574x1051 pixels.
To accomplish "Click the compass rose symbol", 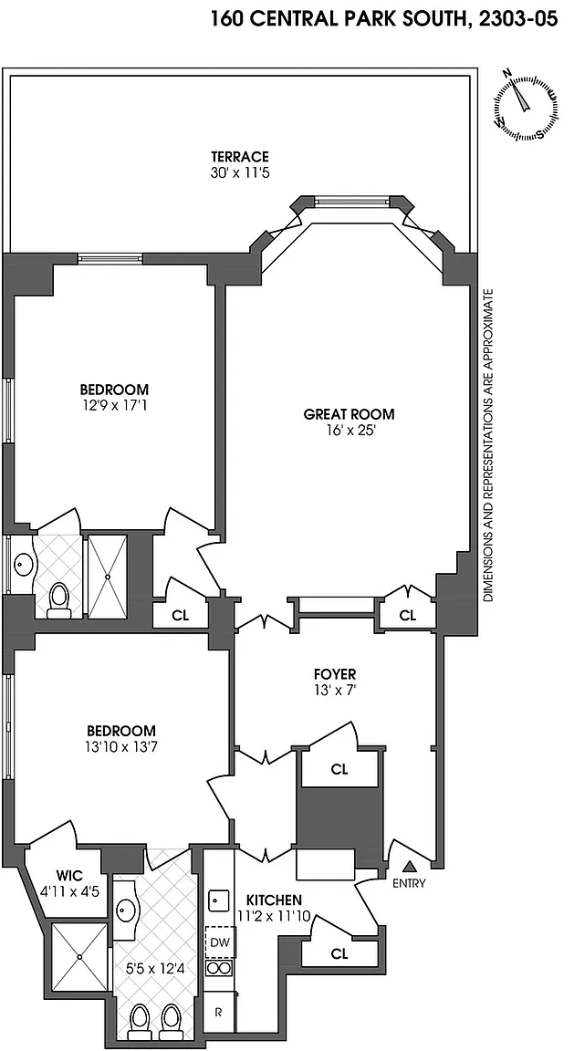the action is [527, 105].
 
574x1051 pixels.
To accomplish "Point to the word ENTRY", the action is [409, 883].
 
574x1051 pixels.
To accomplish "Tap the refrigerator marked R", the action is [219, 1012].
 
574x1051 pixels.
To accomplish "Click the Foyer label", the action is [335, 673].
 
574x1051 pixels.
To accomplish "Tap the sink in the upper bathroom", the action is [24, 564].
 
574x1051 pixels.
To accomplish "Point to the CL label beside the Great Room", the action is [408, 615].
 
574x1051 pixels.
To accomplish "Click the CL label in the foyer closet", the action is [340, 769].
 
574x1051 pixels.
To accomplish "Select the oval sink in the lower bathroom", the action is [126, 910].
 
